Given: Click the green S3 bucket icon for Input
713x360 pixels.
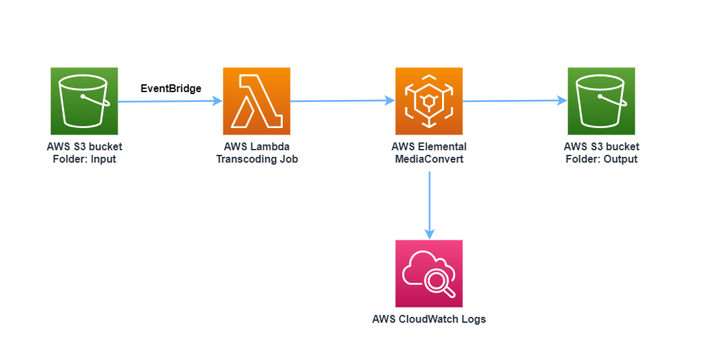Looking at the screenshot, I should point(84,101).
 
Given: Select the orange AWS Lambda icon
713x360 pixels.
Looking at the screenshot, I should point(257,101).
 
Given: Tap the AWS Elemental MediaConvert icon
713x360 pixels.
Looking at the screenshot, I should point(429,101).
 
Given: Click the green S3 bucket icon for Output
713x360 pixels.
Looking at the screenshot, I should point(601,101).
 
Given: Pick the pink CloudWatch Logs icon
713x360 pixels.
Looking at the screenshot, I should point(429,273).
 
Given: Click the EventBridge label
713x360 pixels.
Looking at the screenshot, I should point(171,88).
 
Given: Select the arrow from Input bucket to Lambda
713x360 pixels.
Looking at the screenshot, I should point(170,101).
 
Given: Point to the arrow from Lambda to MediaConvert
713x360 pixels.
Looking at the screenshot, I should point(342,101).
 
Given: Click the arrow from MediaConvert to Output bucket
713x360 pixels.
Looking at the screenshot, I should point(515,101).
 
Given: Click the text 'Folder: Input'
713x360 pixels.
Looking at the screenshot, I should point(84,159).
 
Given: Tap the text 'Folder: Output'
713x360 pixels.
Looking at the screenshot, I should point(601,159).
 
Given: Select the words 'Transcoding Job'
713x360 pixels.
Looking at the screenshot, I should point(257,159).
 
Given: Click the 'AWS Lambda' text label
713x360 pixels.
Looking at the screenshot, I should point(257,146).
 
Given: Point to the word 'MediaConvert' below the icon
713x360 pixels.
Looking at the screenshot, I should point(429,159).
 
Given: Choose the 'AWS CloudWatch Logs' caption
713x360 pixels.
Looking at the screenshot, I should point(429,319).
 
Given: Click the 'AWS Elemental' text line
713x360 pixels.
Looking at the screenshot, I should point(429,146).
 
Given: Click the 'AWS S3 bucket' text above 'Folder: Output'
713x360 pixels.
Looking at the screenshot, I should point(601,146).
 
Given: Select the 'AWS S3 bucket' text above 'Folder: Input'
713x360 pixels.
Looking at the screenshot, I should point(84,146).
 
